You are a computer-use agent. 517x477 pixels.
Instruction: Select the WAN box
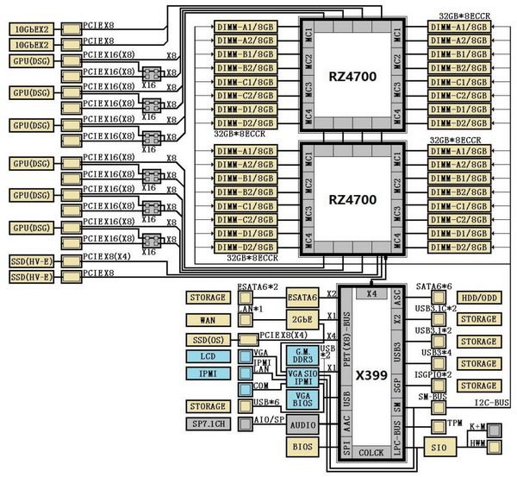[x=206, y=319]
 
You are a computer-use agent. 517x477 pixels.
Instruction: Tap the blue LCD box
[x=206, y=357]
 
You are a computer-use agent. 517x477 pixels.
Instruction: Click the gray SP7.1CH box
[x=206, y=424]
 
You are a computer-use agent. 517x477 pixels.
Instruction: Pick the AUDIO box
[x=302, y=424]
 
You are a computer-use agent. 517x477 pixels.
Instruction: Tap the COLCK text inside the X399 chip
[x=371, y=453]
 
